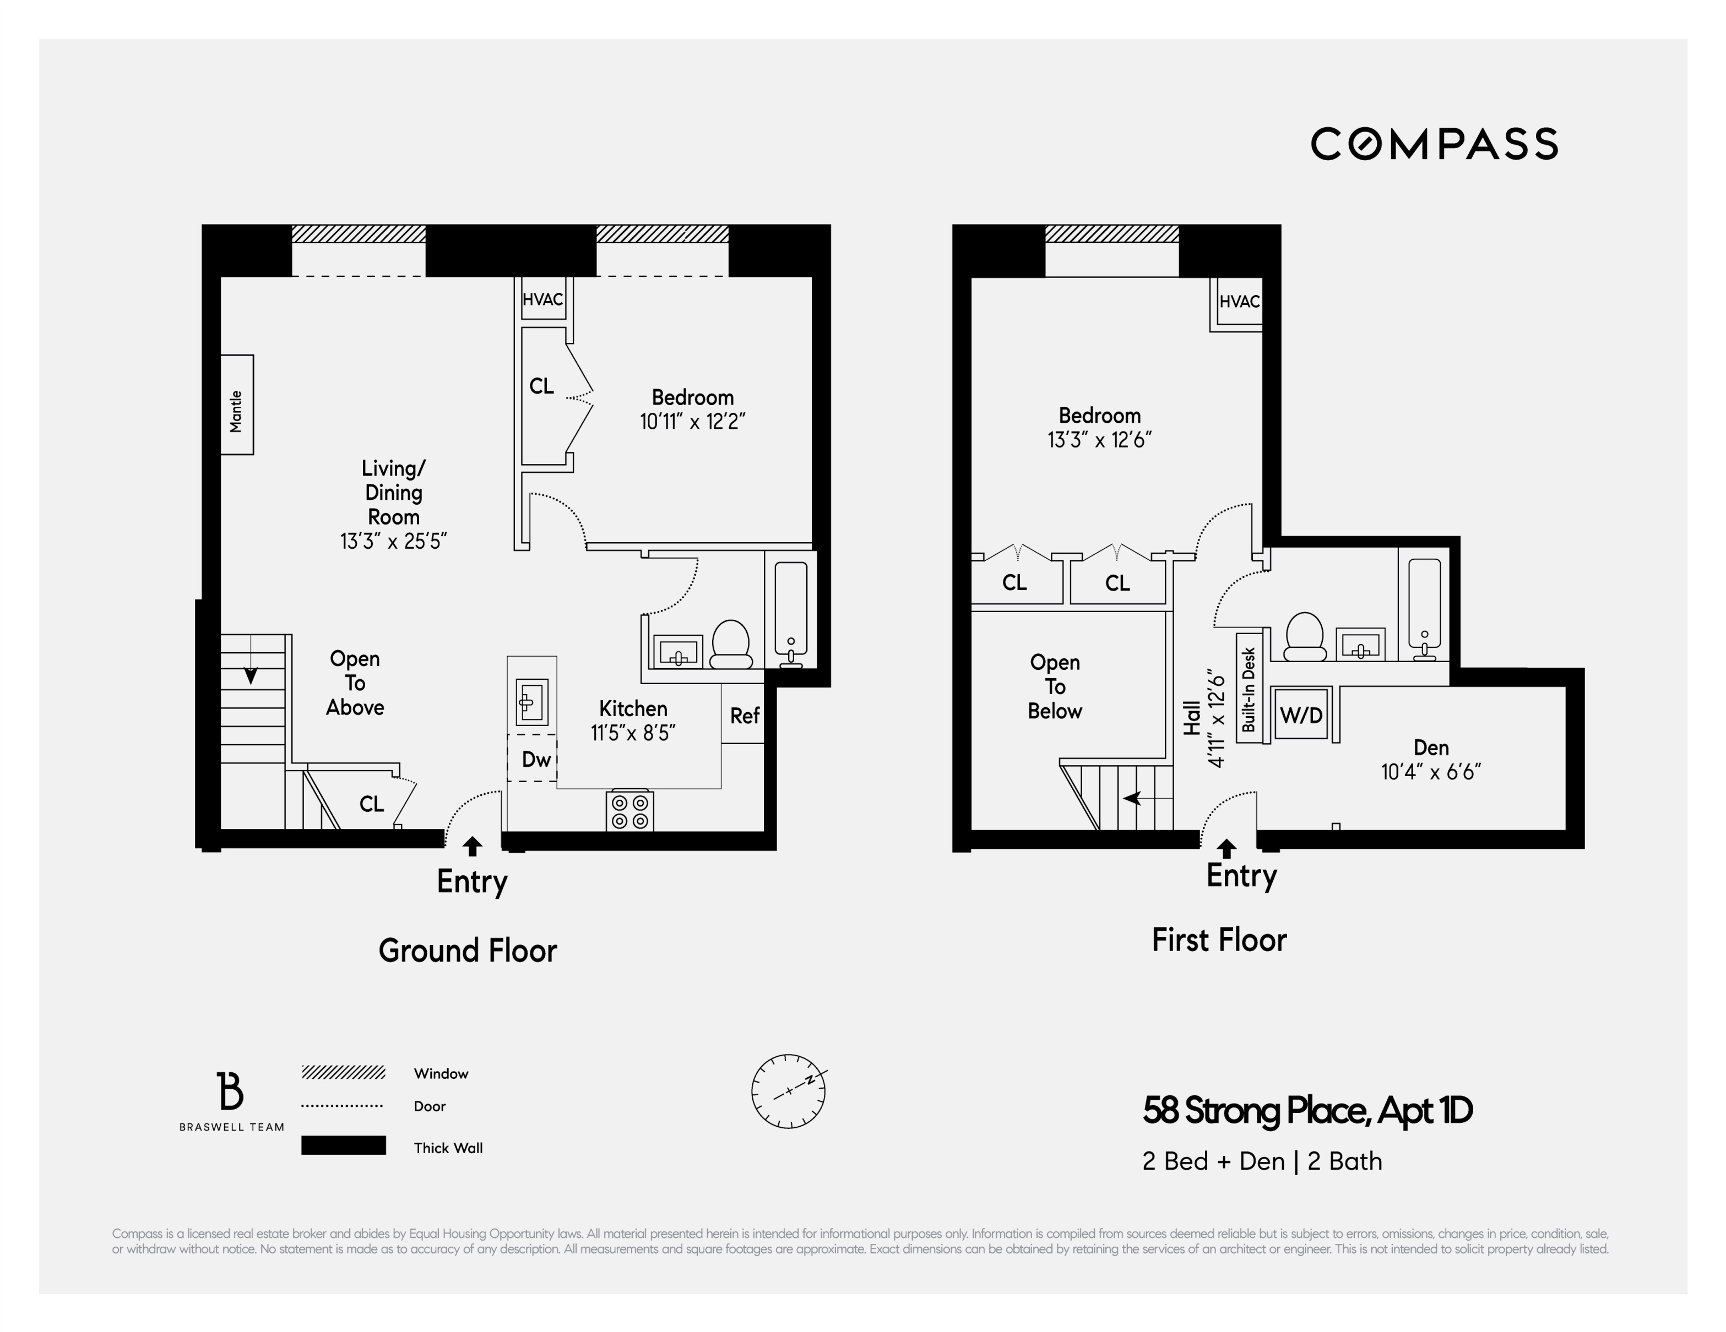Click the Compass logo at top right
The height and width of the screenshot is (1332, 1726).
(x=1434, y=144)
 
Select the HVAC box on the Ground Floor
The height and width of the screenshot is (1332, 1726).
(x=543, y=299)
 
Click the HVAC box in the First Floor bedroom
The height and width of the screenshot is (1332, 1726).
(x=1239, y=302)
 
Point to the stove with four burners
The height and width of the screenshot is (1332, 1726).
(x=630, y=811)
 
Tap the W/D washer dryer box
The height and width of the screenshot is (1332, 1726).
(x=1301, y=715)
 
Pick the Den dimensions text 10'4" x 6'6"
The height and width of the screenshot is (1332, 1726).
(x=1430, y=772)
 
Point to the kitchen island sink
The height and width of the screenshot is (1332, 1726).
(x=531, y=701)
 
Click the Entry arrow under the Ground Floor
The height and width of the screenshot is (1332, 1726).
(x=472, y=847)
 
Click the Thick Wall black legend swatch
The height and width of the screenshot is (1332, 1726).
(x=343, y=1145)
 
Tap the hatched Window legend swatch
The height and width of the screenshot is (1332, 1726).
(x=343, y=1072)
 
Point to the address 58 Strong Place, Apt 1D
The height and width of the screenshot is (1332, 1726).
(x=1307, y=1110)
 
